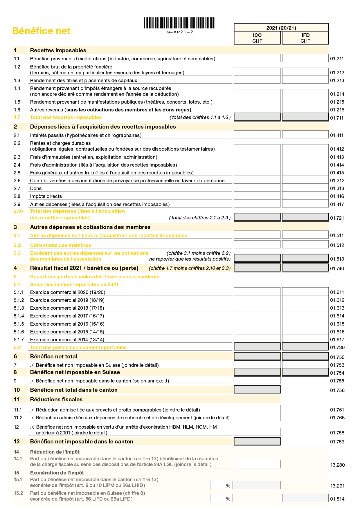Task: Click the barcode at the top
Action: [180, 23]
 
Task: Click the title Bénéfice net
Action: [41, 31]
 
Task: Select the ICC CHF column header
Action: [257, 38]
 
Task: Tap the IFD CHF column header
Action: [305, 38]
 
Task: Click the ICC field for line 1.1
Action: [257, 58]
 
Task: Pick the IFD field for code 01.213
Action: [305, 80]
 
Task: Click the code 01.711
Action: [337, 118]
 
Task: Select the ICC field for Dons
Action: [257, 188]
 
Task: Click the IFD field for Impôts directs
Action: [305, 196]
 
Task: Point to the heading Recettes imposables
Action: [58, 50]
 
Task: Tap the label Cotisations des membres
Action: [60, 245]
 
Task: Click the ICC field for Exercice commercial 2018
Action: [257, 307]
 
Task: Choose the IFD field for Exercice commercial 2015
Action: [305, 331]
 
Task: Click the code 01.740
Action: [337, 268]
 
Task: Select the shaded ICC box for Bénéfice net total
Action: [257, 356]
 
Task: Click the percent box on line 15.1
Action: [221, 485]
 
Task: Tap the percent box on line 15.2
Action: [221, 498]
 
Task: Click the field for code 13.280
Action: [257, 464]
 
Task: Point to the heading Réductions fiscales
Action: [56, 400]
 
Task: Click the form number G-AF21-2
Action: [180, 32]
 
